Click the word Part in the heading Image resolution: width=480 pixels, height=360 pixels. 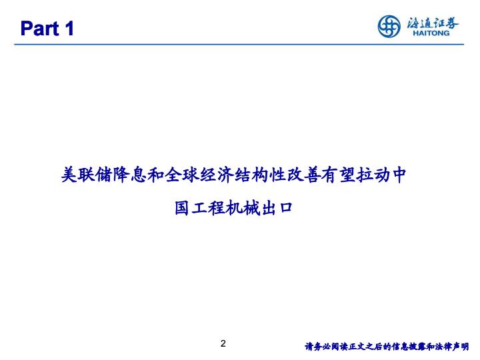point(39,29)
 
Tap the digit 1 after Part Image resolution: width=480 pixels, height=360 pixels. point(69,29)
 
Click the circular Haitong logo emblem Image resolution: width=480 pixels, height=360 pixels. point(389,26)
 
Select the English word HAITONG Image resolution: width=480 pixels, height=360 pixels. point(431,33)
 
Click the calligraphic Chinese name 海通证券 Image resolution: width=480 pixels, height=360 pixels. point(433,23)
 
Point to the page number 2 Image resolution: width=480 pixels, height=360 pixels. point(223,343)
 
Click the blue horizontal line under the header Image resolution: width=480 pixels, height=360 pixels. point(239,45)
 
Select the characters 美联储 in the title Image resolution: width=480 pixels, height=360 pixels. point(87,175)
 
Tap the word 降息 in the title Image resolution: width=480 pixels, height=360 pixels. point(131,175)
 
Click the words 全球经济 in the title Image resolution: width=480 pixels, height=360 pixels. point(199,175)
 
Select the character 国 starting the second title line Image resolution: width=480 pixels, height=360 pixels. point(182,208)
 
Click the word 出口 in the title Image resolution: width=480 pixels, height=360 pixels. point(277,208)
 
